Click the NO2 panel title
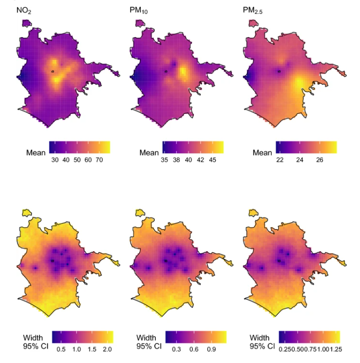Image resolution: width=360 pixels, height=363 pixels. click(24, 11)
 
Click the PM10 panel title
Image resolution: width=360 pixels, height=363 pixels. click(138, 11)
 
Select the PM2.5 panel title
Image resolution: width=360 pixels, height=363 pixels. click(253, 11)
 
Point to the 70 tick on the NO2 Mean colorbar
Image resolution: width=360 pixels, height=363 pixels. click(99, 160)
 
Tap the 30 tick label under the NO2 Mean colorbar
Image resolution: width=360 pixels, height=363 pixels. click(55, 160)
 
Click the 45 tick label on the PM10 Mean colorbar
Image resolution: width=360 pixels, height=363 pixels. click(212, 160)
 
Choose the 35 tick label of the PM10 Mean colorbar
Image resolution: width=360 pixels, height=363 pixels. click(165, 160)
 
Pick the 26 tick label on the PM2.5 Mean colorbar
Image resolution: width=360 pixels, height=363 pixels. click(319, 160)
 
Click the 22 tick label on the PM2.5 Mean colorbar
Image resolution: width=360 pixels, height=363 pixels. click(280, 160)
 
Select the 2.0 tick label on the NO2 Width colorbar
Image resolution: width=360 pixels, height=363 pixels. click(107, 349)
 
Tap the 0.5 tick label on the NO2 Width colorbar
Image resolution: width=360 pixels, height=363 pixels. click(61, 349)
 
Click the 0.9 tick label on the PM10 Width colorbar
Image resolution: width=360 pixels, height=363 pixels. click(211, 349)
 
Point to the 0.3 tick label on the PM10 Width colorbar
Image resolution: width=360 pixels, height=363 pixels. click(176, 349)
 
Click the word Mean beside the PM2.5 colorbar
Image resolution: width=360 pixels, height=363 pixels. click(262, 153)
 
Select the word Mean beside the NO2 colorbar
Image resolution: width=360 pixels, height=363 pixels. click(36, 153)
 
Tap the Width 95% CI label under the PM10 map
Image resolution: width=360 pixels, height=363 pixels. click(149, 342)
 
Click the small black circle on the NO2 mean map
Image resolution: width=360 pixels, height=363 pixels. click(52, 72)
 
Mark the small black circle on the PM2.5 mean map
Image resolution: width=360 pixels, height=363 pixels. click(279, 72)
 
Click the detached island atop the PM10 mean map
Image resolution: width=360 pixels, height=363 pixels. click(140, 23)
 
